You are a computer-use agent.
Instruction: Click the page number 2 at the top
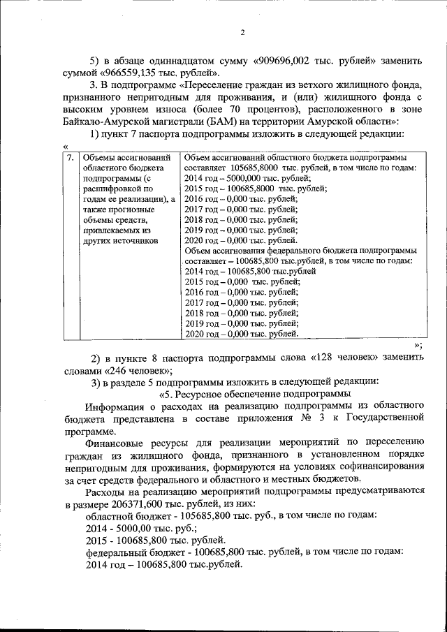tap(242, 32)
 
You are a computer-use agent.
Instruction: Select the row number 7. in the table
tap(70, 158)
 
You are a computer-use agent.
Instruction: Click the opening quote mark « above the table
tap(65, 147)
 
